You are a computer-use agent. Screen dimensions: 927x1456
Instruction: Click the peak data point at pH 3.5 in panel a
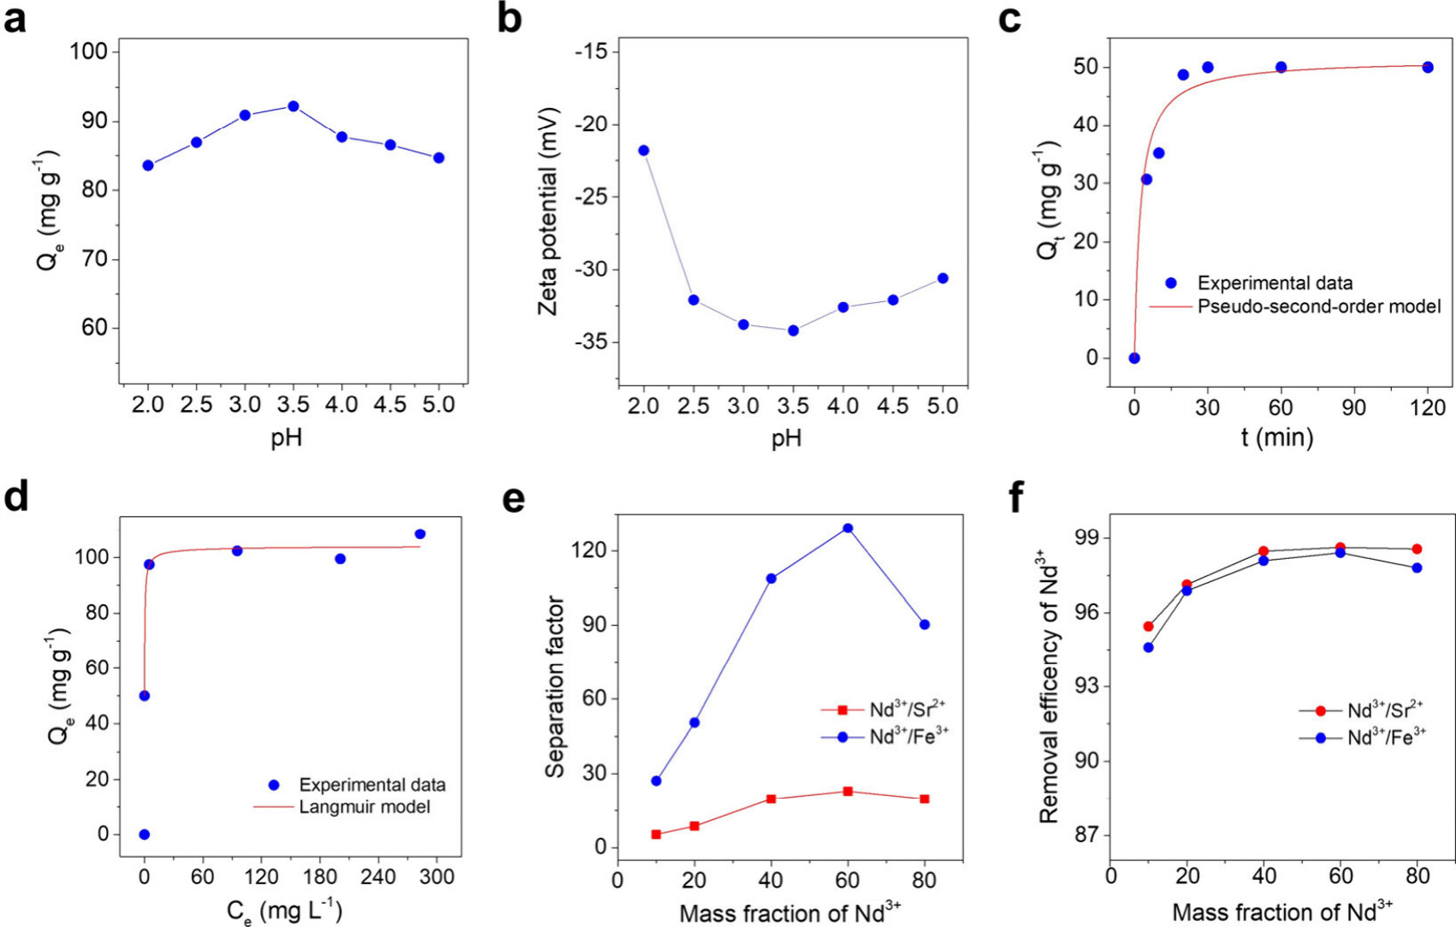click(293, 106)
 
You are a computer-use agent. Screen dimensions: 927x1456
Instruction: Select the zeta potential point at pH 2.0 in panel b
click(643, 151)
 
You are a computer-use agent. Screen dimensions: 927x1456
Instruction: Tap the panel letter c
click(1009, 19)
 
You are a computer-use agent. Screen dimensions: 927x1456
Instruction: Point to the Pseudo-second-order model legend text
click(1319, 306)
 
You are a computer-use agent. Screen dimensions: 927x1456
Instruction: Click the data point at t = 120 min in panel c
click(1428, 68)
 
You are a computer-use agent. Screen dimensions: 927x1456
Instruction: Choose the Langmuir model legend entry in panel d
click(364, 807)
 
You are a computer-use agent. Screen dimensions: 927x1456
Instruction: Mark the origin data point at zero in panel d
click(145, 835)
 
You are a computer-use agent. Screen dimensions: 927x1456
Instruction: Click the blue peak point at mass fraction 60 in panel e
click(848, 528)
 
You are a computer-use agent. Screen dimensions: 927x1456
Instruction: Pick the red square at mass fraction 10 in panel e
click(656, 835)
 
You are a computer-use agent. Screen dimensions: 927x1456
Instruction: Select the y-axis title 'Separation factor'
click(555, 686)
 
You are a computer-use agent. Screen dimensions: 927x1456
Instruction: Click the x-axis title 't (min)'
click(1277, 437)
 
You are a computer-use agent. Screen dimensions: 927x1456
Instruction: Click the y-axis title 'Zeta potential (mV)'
click(547, 211)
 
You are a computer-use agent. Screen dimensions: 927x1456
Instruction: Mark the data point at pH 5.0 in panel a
click(439, 157)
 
